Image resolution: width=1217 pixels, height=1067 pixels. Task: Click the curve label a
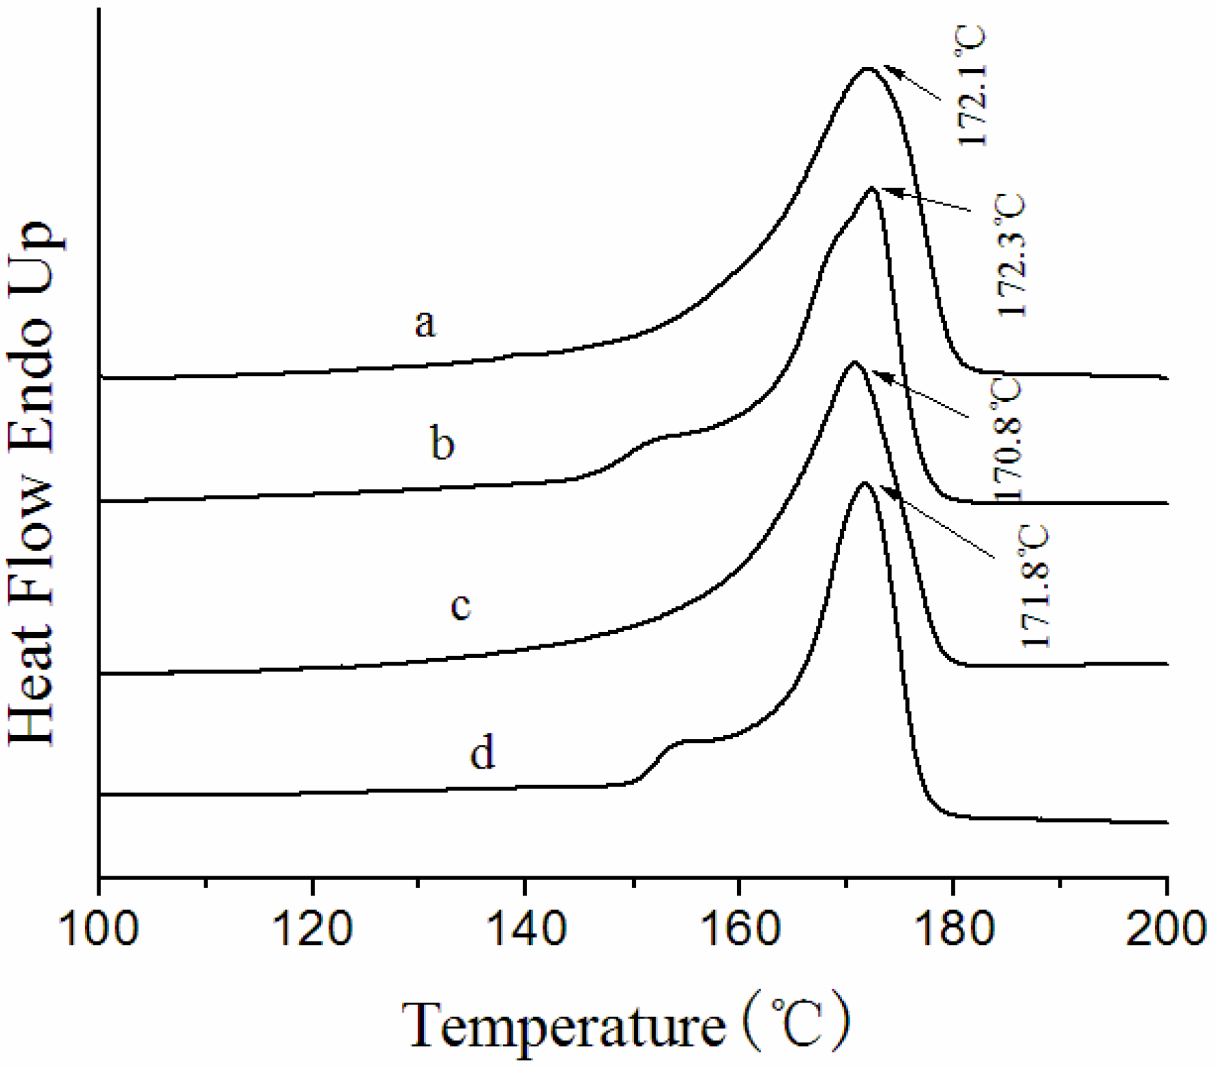pyautogui.click(x=425, y=323)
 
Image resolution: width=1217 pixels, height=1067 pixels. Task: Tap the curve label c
pyautogui.click(x=460, y=605)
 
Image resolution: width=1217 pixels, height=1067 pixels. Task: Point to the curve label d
pyautogui.click(x=483, y=752)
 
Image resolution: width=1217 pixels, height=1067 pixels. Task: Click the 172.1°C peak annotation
pyautogui.click(x=971, y=86)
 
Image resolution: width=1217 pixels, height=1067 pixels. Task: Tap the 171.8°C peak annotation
pyautogui.click(x=1035, y=586)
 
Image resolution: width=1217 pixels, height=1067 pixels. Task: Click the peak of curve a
pyautogui.click(x=867, y=68)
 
